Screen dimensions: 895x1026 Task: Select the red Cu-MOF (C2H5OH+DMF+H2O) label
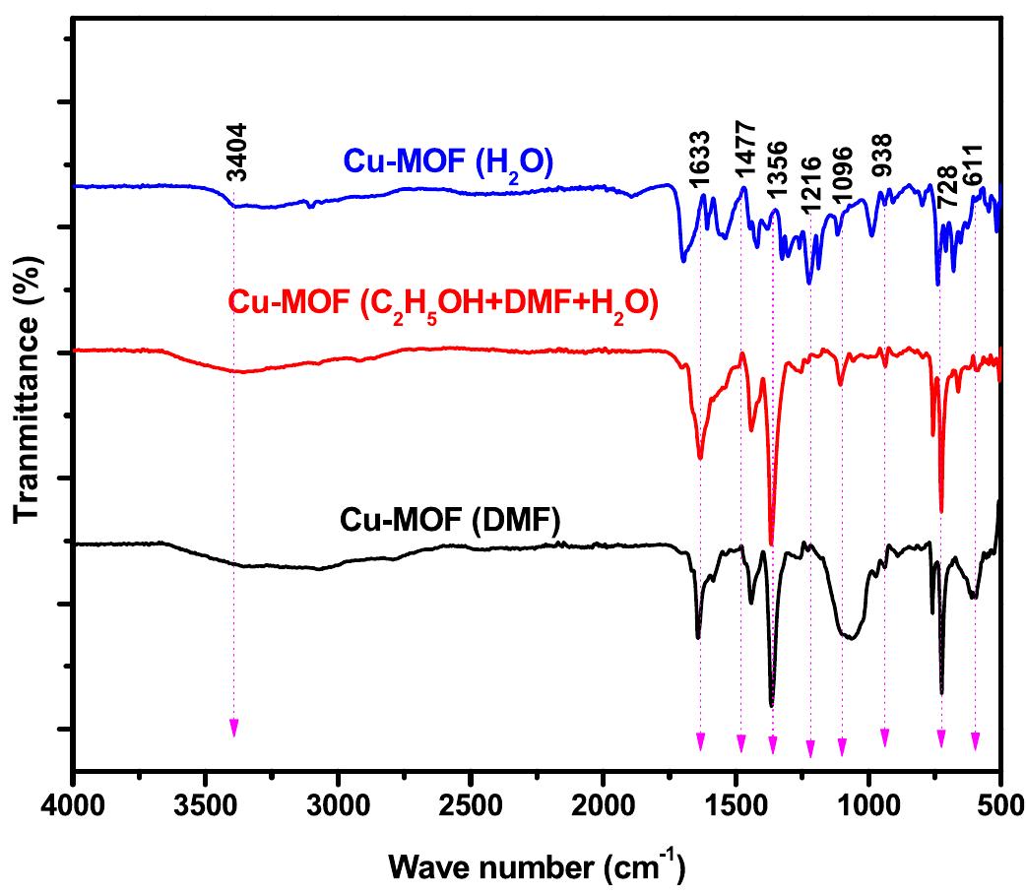[441, 302]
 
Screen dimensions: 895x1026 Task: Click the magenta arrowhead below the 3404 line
[234, 728]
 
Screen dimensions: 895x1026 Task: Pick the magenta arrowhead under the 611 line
[976, 740]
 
